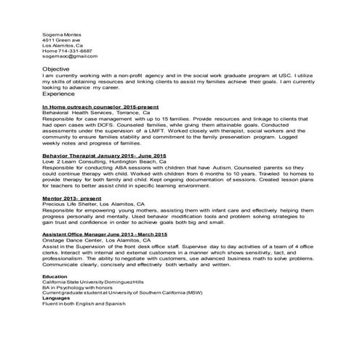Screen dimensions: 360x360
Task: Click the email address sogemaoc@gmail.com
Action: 69,57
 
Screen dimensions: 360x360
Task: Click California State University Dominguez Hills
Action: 93,282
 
